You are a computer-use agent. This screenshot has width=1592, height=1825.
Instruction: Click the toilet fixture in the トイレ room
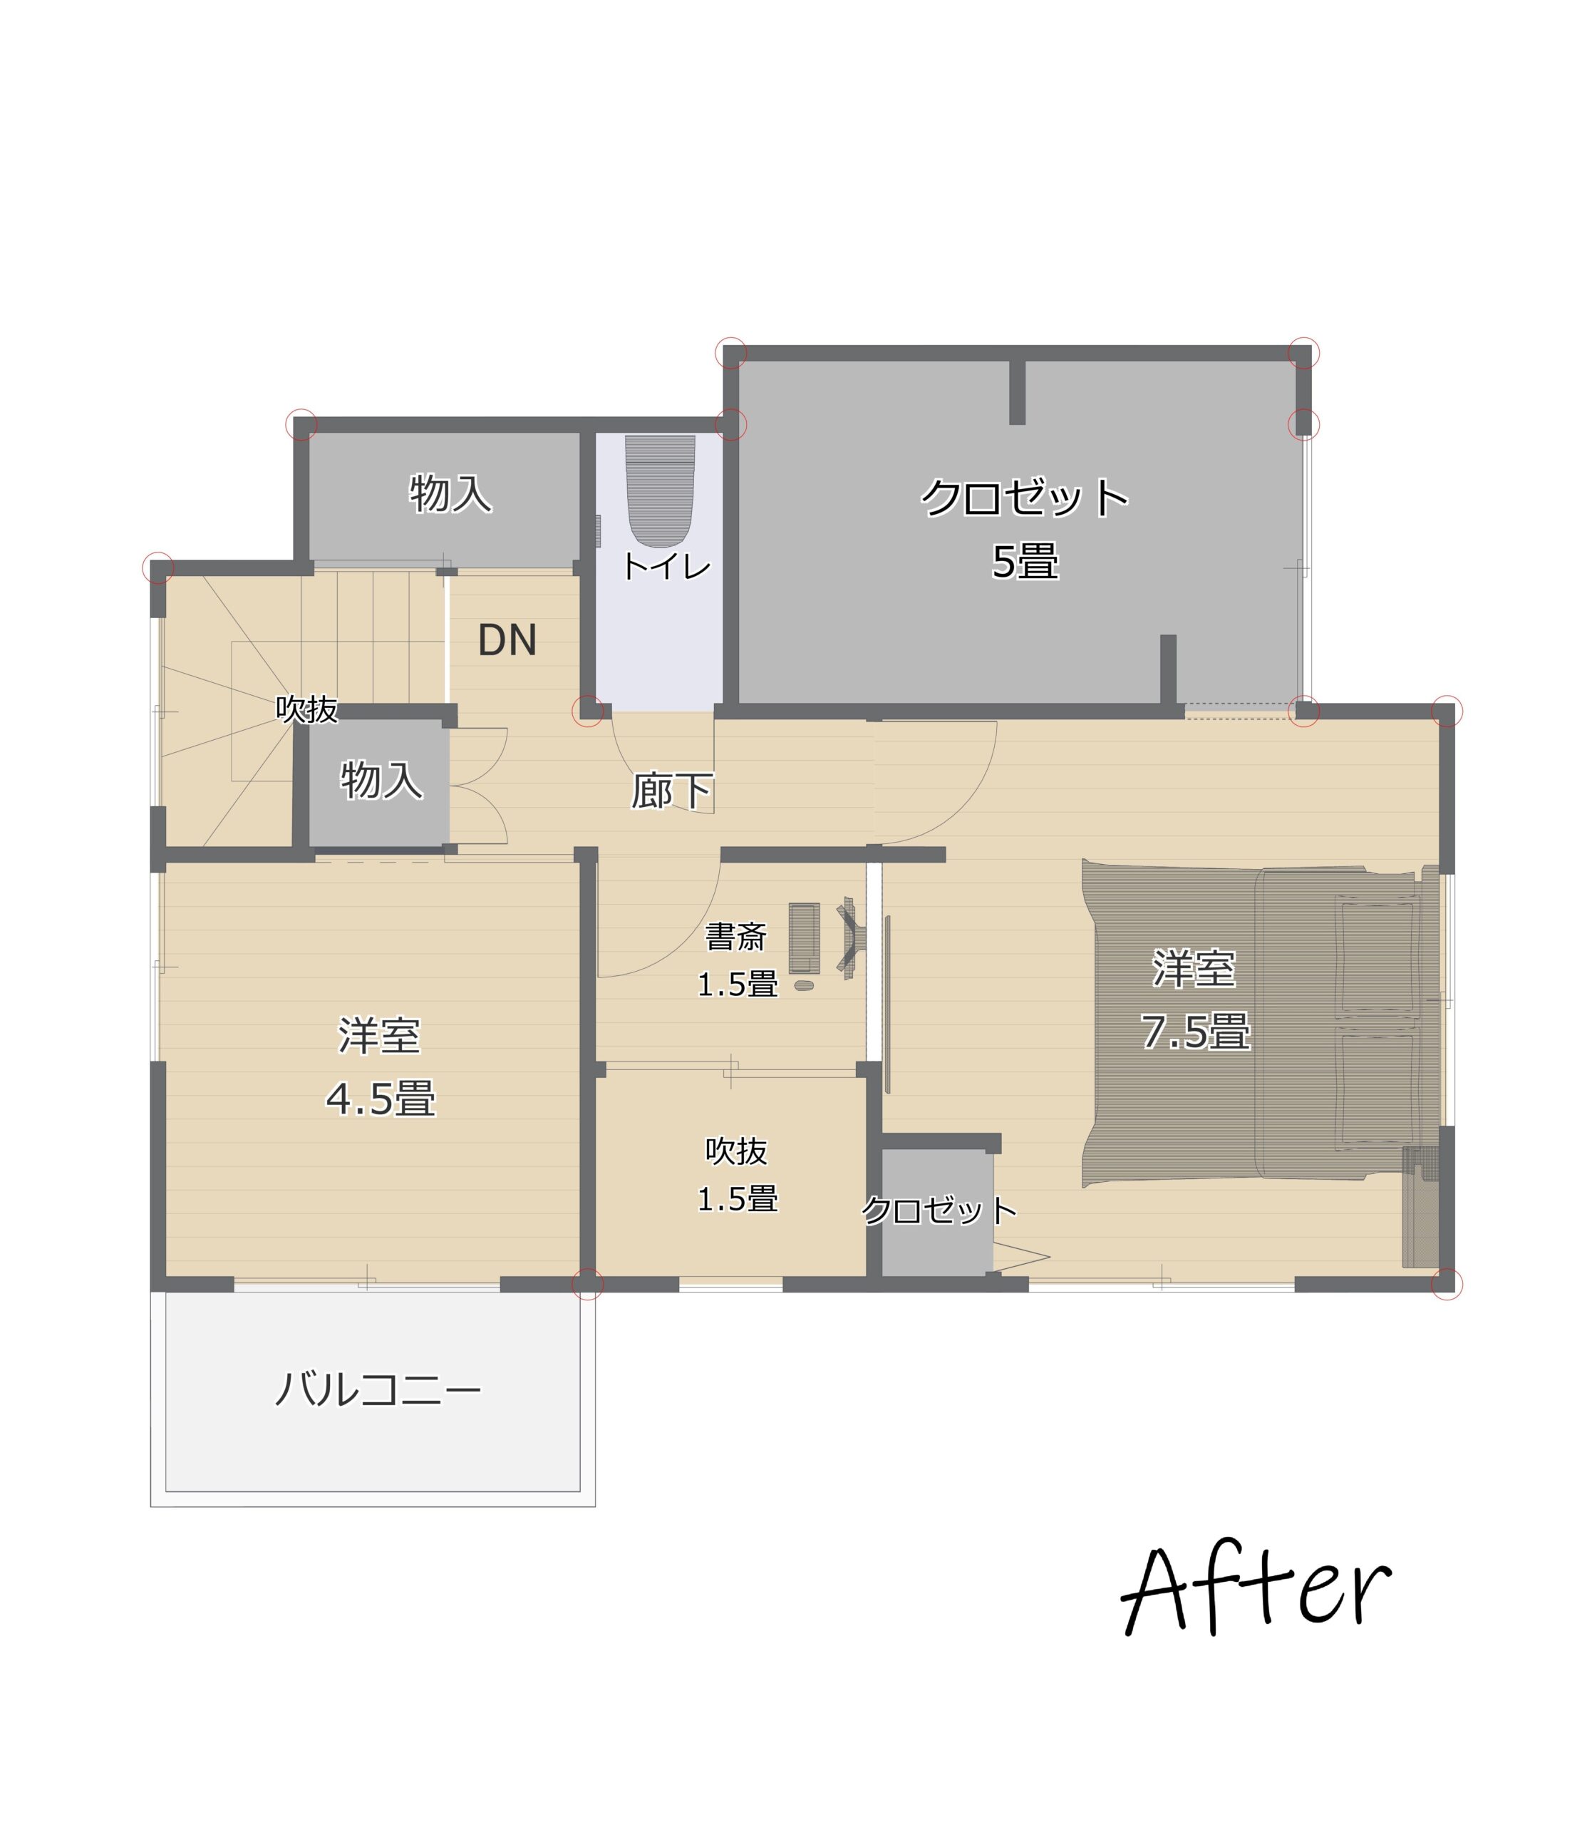(660, 490)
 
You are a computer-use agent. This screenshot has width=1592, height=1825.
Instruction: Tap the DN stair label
(507, 639)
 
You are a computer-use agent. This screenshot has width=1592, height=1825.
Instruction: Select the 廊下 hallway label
(673, 791)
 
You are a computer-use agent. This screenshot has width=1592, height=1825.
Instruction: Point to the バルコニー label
(378, 1389)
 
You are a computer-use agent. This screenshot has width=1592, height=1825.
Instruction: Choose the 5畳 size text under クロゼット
(1025, 562)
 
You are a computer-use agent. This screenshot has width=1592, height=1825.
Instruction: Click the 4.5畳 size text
(381, 1099)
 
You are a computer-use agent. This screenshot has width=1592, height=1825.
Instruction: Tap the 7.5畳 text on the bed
(1196, 1032)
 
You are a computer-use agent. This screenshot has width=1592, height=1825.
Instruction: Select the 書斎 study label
(735, 937)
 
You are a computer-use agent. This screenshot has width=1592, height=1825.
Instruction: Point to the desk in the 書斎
(804, 938)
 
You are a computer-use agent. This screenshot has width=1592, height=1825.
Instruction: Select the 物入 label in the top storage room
(450, 493)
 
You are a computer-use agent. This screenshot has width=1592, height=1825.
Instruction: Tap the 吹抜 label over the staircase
(307, 709)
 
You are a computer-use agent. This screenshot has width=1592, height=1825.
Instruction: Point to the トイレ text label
(666, 566)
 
